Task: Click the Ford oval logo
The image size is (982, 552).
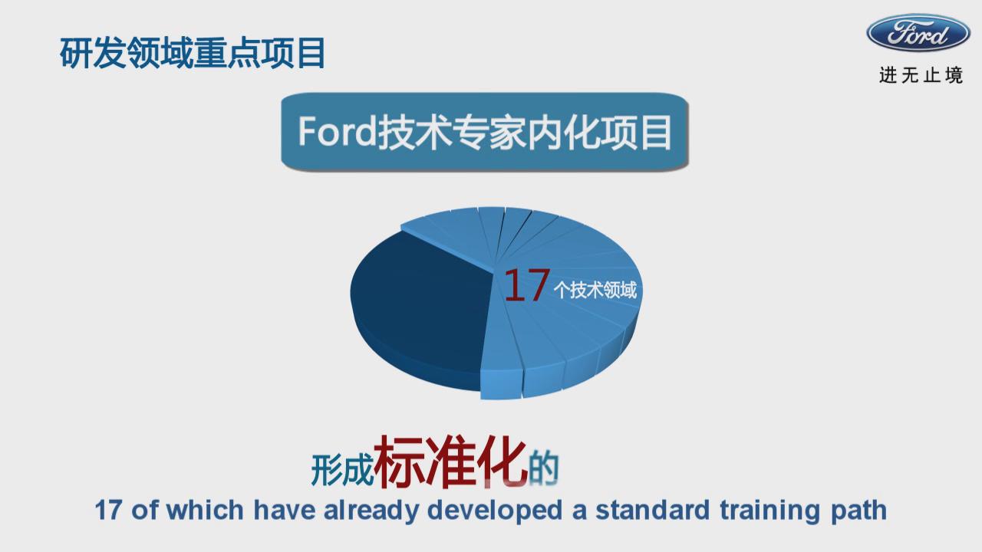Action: (x=918, y=33)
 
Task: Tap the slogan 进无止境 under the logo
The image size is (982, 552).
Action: (x=921, y=75)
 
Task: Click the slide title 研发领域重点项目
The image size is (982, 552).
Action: (x=193, y=53)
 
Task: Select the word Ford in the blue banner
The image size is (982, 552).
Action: (x=337, y=131)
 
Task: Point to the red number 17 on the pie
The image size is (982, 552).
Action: (x=527, y=286)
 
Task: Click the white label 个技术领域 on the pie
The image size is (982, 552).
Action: (x=595, y=290)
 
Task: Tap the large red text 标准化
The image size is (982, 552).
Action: (x=450, y=462)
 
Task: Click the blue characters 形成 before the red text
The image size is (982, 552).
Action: (x=342, y=470)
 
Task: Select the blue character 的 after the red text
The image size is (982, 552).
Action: (x=544, y=468)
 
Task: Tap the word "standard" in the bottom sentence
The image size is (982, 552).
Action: (x=653, y=511)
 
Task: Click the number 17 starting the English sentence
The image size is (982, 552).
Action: (x=108, y=511)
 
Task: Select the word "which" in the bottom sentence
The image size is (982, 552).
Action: (x=205, y=511)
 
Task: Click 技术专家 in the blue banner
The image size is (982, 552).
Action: (x=452, y=133)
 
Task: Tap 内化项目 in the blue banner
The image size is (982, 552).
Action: (x=599, y=133)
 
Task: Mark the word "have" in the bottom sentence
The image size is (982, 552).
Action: (x=285, y=511)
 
